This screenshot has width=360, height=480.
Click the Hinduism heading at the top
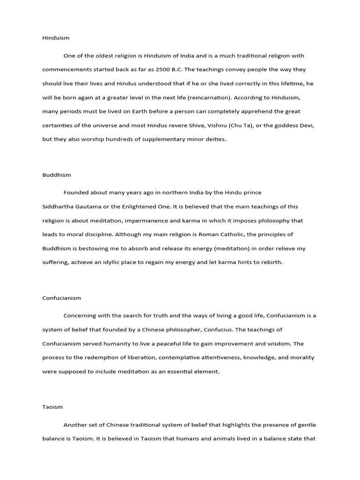[x=56, y=37]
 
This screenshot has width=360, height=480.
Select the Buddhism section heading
[x=57, y=175]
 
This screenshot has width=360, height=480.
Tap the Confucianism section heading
[x=61, y=298]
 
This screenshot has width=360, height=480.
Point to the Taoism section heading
[x=52, y=407]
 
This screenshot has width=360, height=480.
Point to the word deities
[x=215, y=139]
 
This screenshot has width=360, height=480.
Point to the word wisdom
[x=280, y=344]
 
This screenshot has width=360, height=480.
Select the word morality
[x=302, y=357]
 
